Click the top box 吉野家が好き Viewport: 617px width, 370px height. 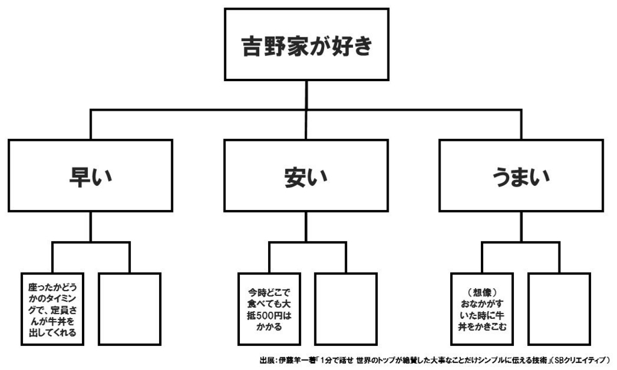coord(307,45)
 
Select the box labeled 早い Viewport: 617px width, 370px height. coord(90,176)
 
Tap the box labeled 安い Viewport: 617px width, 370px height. coord(306,176)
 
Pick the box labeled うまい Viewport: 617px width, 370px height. coord(521,176)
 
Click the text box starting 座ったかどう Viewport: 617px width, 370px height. coord(52,309)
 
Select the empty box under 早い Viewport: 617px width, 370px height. coord(130,309)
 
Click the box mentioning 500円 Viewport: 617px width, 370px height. coord(269,309)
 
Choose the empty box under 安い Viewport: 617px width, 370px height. coord(346,309)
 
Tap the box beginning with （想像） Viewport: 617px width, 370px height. coord(482,309)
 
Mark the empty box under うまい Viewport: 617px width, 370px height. coord(559,309)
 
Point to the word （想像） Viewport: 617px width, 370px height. coord(482,292)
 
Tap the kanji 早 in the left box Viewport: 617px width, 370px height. coord(80,176)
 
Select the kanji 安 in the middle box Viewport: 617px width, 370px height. coord(295,177)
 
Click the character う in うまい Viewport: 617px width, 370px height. coord(503,177)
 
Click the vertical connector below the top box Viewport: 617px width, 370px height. coord(307,95)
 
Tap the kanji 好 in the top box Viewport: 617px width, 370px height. coord(339,46)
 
